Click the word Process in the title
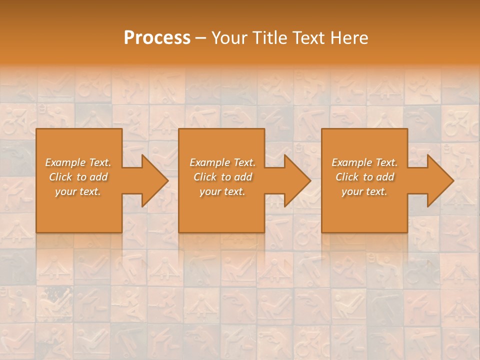pyautogui.click(x=157, y=38)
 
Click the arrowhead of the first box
pyautogui.click(x=152, y=180)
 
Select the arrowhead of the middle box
pyautogui.click(x=295, y=180)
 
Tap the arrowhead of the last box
pyautogui.click(x=438, y=180)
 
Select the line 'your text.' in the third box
pyautogui.click(x=364, y=191)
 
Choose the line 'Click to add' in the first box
pyautogui.click(x=78, y=177)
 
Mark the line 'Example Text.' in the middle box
pyautogui.click(x=222, y=162)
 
